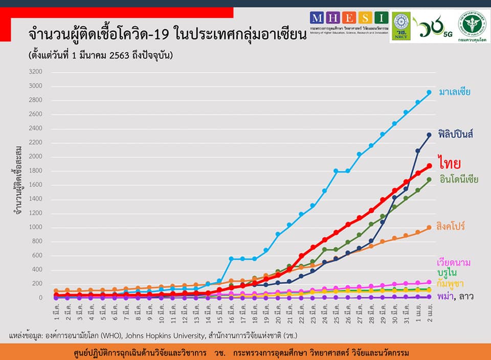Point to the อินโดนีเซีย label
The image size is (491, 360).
(459, 179)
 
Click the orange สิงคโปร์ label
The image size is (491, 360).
(451, 226)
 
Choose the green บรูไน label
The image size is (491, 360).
(447, 273)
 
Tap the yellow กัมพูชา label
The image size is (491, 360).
(449, 283)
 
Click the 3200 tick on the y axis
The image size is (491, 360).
(36, 72)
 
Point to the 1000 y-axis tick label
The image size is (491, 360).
(36, 228)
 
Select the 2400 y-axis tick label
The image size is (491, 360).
(36, 128)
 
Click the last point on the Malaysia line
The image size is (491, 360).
(429, 93)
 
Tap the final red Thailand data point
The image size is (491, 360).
(429, 166)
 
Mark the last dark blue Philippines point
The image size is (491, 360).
(429, 135)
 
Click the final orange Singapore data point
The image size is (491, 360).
(429, 228)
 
